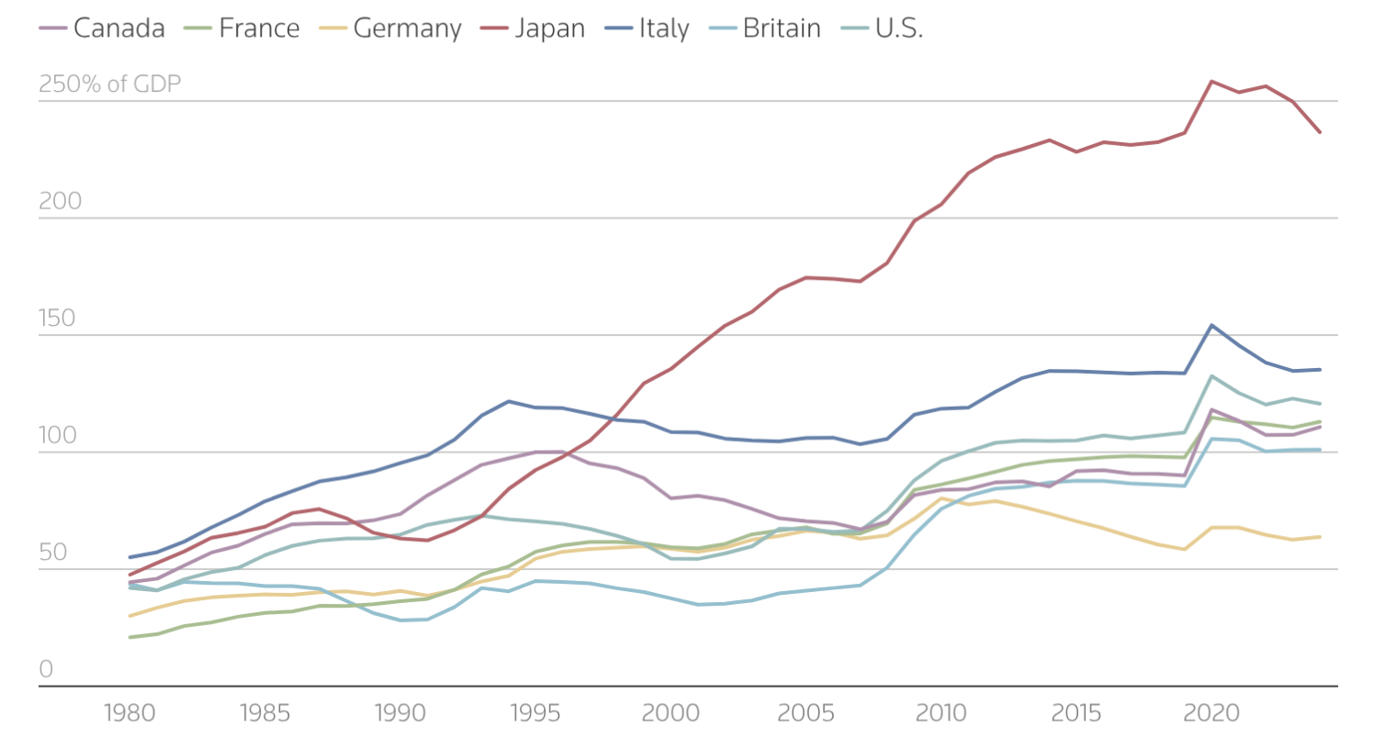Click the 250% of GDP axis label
coord(109,84)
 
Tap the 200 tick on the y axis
coord(60,201)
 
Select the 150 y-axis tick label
coord(57,319)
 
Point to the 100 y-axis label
coord(57,435)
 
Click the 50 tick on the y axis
coord(53,552)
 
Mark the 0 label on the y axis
coord(46,669)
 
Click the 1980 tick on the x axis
coord(129,713)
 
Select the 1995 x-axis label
coord(535,713)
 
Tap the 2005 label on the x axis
coord(805,713)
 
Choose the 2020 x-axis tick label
coord(1211,713)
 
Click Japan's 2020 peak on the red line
coord(1212,82)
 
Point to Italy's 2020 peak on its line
coord(1212,325)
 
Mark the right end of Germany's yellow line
coord(1320,537)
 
